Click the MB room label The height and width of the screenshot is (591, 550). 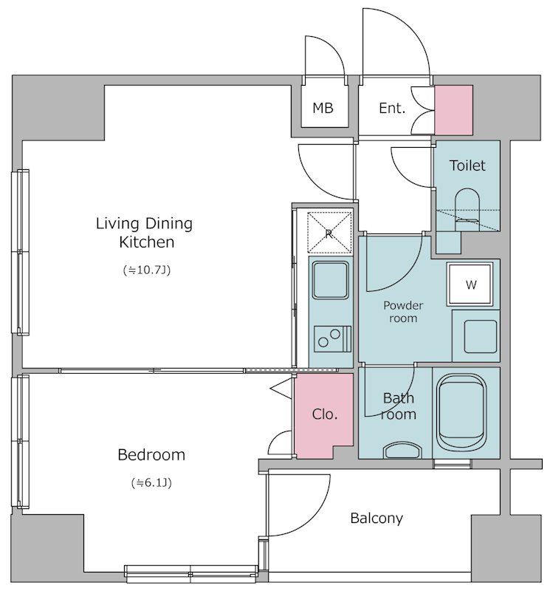[x=323, y=108]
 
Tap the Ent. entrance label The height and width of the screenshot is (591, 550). [x=392, y=108]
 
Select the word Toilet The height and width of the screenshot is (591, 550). [x=467, y=165]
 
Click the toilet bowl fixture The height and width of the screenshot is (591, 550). [x=467, y=209]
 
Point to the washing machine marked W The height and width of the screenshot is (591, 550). [x=470, y=284]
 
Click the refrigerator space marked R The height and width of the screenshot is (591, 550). [x=329, y=233]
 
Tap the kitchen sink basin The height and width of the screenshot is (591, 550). [x=331, y=280]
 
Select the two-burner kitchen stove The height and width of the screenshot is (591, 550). [x=332, y=338]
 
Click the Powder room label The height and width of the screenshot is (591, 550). [x=403, y=311]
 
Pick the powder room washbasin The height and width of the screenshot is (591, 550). [x=481, y=336]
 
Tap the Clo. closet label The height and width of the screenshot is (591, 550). [x=324, y=414]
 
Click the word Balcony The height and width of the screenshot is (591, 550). [x=377, y=519]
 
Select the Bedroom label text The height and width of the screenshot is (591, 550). [x=151, y=454]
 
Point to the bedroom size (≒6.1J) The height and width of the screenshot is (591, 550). [x=151, y=482]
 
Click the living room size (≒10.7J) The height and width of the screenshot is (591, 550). [x=147, y=270]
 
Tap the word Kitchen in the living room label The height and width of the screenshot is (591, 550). [x=146, y=242]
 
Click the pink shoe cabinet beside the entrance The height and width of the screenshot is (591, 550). [x=453, y=110]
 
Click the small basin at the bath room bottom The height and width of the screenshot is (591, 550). [x=402, y=450]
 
